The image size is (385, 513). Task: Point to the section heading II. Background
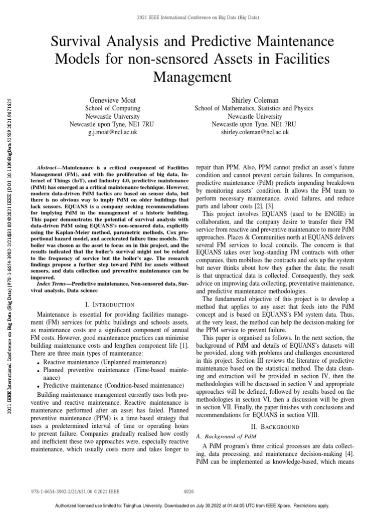[x=274, y=427]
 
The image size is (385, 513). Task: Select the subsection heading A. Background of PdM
[x=224, y=437]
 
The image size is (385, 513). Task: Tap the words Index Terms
[x=54, y=284]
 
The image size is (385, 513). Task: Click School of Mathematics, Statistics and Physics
[x=254, y=108]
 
